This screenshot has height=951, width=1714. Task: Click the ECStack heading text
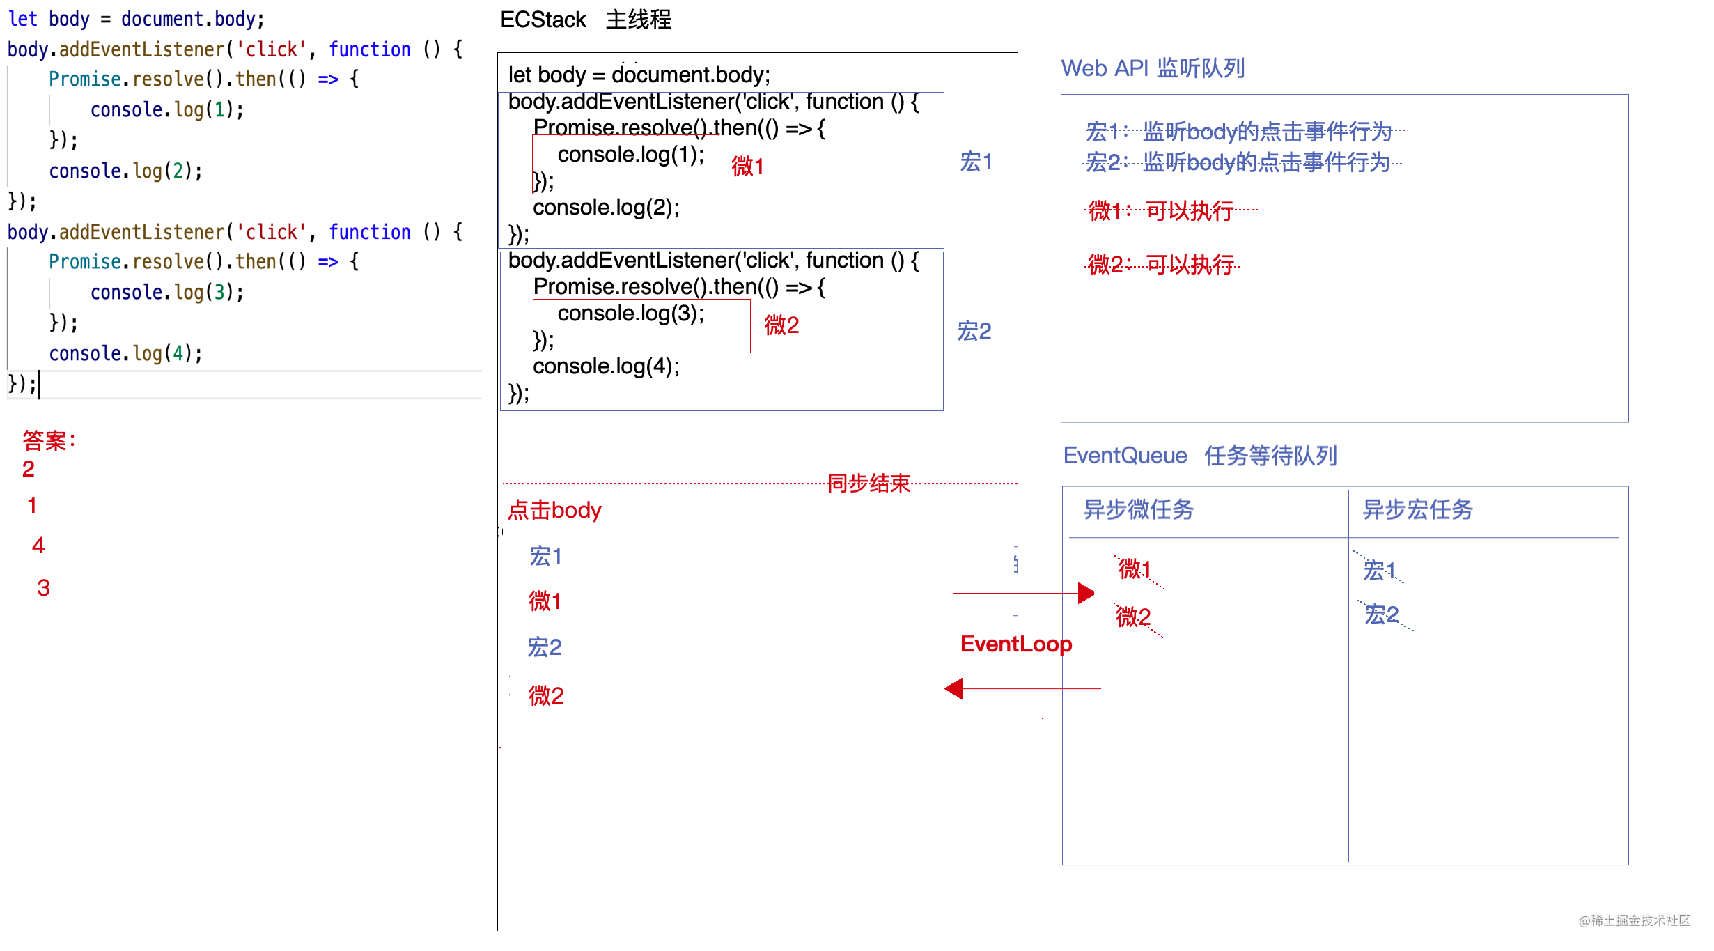pos(543,20)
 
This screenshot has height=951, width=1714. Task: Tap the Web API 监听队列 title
pos(1153,68)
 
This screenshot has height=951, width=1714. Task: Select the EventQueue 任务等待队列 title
pos(1199,456)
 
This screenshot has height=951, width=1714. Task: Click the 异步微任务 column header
pos(1138,510)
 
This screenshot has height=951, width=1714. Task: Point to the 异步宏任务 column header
pos(1417,510)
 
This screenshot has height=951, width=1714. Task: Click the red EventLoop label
pos(1015,644)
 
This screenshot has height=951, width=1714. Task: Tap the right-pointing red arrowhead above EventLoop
pos(1086,594)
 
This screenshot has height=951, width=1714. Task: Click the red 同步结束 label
pos(868,483)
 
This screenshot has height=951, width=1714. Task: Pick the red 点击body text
pos(554,510)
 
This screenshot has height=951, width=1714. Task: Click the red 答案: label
pos(49,440)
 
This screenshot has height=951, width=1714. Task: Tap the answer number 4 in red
pos(38,545)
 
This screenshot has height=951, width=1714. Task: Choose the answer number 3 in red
pos(43,587)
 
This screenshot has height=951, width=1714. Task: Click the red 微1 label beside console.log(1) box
pos(747,167)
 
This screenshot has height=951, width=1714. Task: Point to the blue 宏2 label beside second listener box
pos(974,330)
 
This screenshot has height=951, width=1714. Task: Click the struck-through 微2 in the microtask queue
pos(1133,617)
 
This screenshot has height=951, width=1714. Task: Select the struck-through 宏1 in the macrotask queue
pos(1380,571)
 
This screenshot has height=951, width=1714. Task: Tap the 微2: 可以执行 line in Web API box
pos(1161,265)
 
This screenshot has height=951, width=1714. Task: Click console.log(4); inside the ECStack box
pos(606,366)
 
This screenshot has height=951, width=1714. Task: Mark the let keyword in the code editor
pos(22,19)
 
